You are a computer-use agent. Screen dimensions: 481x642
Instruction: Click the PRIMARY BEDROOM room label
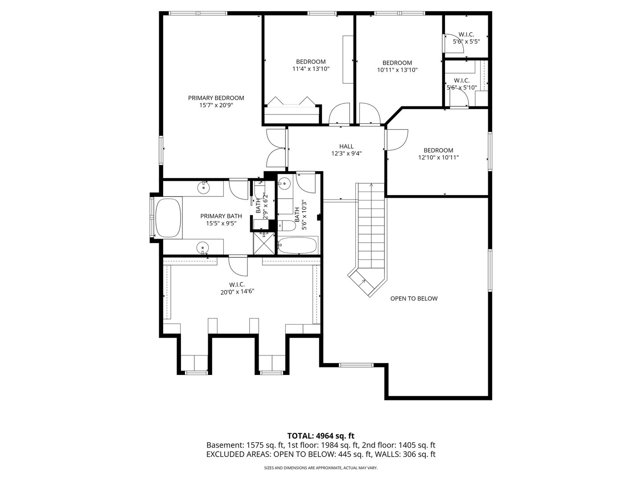216,98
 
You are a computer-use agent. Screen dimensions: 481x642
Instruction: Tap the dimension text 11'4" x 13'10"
311,69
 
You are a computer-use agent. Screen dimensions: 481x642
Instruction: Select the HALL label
346,146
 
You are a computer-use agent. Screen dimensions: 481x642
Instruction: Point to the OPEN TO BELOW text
414,298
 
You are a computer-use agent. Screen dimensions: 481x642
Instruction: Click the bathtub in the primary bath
168,218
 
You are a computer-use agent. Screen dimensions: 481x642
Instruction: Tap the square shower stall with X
264,243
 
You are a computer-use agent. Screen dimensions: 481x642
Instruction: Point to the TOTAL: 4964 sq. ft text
321,436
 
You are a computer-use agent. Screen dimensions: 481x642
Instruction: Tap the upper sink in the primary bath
204,187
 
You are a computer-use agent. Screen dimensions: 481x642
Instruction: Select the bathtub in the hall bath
297,245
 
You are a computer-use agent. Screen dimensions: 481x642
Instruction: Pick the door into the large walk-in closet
238,266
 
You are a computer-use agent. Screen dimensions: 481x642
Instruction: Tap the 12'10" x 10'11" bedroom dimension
438,157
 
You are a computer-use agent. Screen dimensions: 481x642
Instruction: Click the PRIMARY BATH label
221,216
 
